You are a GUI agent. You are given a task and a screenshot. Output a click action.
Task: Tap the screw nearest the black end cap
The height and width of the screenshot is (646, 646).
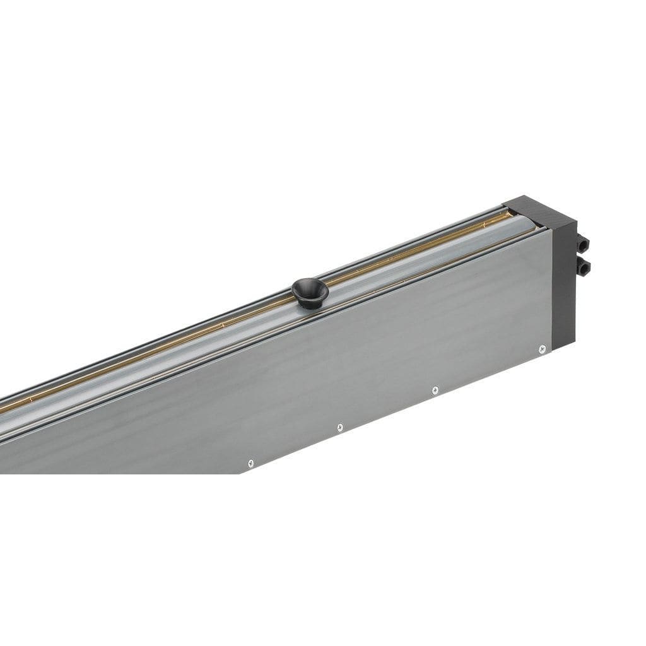tap(542, 348)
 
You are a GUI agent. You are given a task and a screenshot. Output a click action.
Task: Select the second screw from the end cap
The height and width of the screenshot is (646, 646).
tap(435, 391)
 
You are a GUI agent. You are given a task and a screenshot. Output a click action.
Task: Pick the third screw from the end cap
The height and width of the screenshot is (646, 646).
tap(339, 428)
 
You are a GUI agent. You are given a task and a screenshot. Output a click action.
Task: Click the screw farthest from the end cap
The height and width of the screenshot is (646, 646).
tap(250, 463)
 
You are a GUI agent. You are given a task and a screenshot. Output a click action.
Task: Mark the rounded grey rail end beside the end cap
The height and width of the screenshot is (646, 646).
tap(527, 223)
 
